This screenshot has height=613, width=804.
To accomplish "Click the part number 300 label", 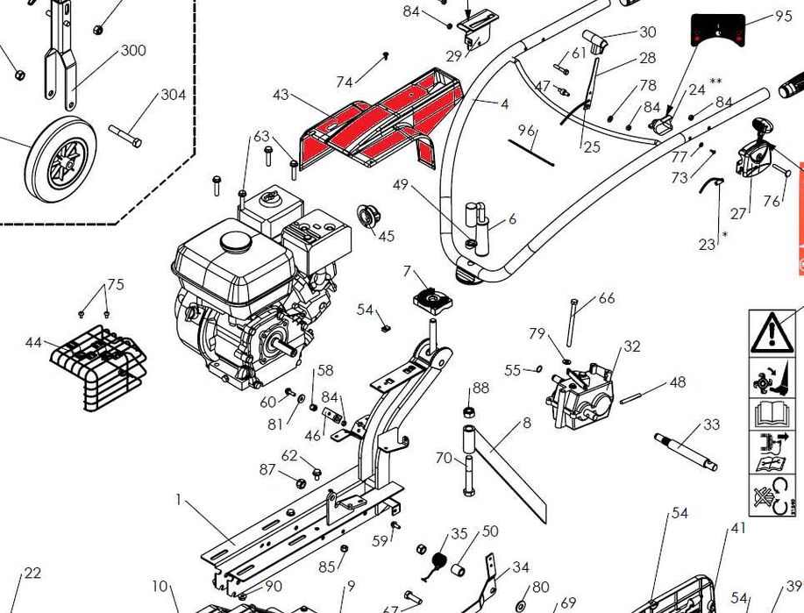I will coord(133,51).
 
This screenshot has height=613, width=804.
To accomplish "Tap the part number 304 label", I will coord(173,95).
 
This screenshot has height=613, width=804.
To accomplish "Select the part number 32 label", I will coord(633,347).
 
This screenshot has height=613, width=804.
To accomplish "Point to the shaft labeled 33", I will coord(686,451).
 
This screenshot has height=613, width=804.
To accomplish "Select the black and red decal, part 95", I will coord(718,32).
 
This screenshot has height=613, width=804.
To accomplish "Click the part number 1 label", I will coord(179,501).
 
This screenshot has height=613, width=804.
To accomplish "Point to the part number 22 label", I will coord(32,574).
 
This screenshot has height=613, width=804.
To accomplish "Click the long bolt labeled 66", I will coord(573,323).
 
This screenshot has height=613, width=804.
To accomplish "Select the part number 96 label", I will coord(526,131).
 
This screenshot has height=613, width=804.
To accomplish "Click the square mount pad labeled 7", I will coord(433,301).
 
